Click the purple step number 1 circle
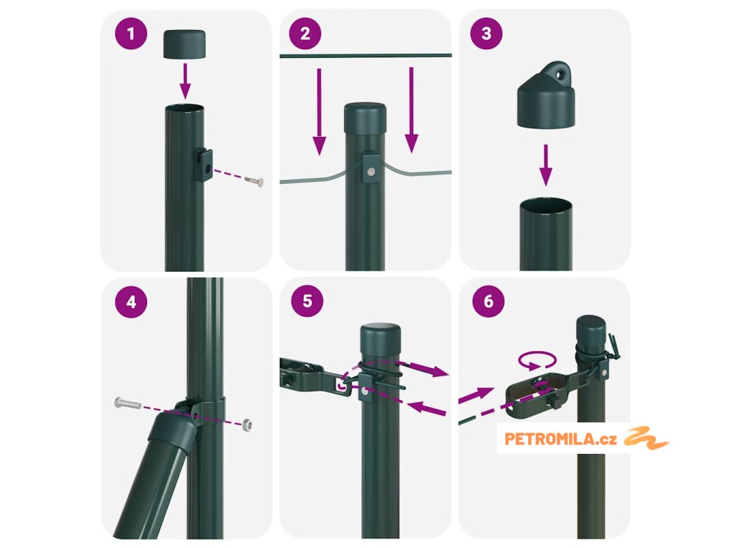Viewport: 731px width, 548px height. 131,34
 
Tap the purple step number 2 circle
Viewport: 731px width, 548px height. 306,34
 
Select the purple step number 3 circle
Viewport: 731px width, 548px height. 486,34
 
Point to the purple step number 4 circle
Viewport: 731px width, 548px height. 131,302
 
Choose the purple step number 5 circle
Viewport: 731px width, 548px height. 307,301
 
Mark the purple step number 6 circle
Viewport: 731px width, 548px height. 488,301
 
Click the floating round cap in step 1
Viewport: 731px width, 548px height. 185,44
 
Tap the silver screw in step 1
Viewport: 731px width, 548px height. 254,181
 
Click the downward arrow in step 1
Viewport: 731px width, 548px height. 185,81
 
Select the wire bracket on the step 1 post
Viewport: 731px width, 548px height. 203,165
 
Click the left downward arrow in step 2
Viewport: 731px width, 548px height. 319,112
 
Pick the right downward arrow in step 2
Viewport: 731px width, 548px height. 411,110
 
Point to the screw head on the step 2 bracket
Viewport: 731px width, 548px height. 371,172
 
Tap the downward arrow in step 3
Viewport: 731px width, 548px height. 546,166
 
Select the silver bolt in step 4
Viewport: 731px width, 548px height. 127,403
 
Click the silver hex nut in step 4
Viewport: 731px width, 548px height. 247,425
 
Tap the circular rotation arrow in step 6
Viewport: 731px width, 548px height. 537,360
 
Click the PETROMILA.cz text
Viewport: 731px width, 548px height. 560,439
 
